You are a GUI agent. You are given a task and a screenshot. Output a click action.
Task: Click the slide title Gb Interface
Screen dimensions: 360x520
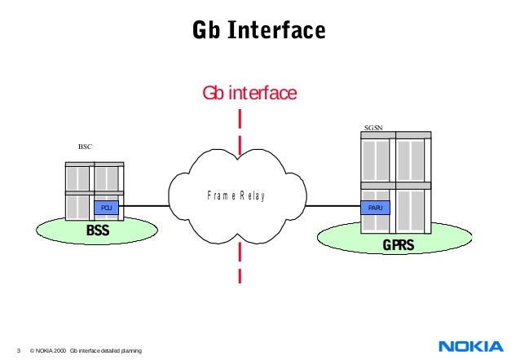258,31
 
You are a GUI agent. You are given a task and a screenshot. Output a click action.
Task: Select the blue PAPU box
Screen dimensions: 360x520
375,209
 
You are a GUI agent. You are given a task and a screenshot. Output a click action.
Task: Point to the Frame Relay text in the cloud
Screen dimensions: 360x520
236,196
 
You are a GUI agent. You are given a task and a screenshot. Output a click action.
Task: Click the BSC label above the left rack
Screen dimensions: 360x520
85,147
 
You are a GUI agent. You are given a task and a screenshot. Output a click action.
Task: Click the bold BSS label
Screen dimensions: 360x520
98,231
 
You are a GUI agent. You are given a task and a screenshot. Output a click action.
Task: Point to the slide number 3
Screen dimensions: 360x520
18,350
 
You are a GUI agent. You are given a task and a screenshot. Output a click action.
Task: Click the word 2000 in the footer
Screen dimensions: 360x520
59,350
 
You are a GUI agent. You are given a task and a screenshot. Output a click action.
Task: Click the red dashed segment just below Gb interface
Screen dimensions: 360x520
240,118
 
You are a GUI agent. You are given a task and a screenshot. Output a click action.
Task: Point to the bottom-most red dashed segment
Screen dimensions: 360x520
240,274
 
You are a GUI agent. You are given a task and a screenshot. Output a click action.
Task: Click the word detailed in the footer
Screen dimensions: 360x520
116,350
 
